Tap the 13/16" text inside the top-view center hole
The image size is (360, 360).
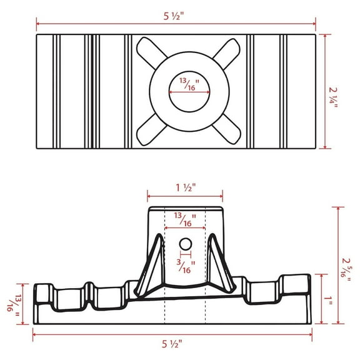coord(186,84)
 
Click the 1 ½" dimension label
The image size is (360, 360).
coord(186,187)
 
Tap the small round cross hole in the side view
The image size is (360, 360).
coord(185,243)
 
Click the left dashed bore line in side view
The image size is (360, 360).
coord(164,269)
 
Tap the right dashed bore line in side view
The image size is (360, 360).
coord(206,269)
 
